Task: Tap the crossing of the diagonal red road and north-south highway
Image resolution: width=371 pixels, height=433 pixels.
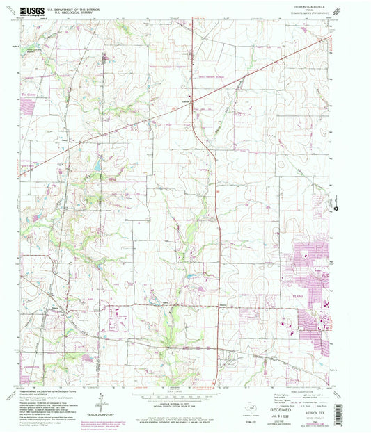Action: coord(194,100)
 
